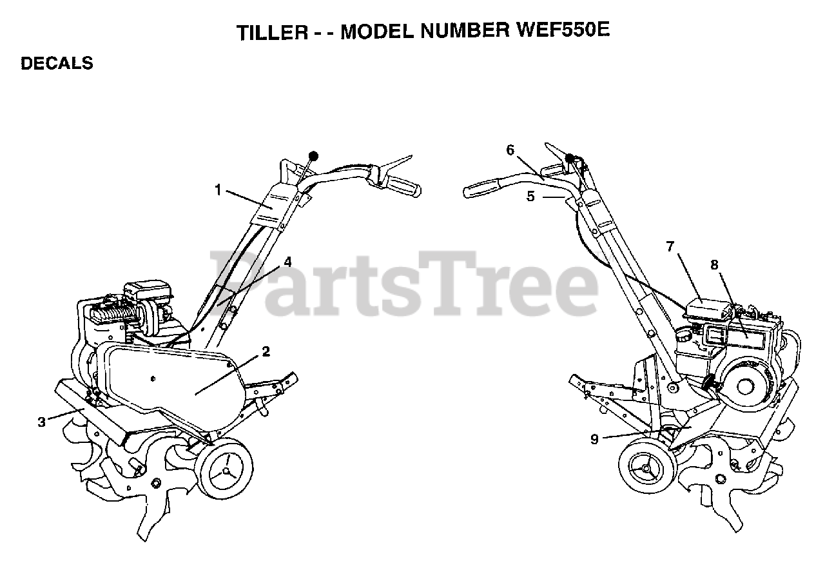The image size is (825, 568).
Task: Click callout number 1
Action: (218, 190)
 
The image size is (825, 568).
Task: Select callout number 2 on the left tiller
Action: (266, 352)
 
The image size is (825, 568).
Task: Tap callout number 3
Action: (42, 422)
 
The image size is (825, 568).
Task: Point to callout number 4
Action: (287, 262)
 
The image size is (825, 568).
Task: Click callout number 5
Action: (530, 197)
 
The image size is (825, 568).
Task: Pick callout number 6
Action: (510, 150)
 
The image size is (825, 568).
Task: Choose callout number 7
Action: (670, 246)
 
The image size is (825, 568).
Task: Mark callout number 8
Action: (713, 264)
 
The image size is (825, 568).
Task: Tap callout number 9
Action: (594, 439)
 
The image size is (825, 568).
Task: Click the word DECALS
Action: (57, 64)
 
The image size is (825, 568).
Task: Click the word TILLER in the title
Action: (272, 32)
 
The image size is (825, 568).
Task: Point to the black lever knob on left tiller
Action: (314, 156)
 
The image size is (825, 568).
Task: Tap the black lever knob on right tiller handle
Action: (569, 159)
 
